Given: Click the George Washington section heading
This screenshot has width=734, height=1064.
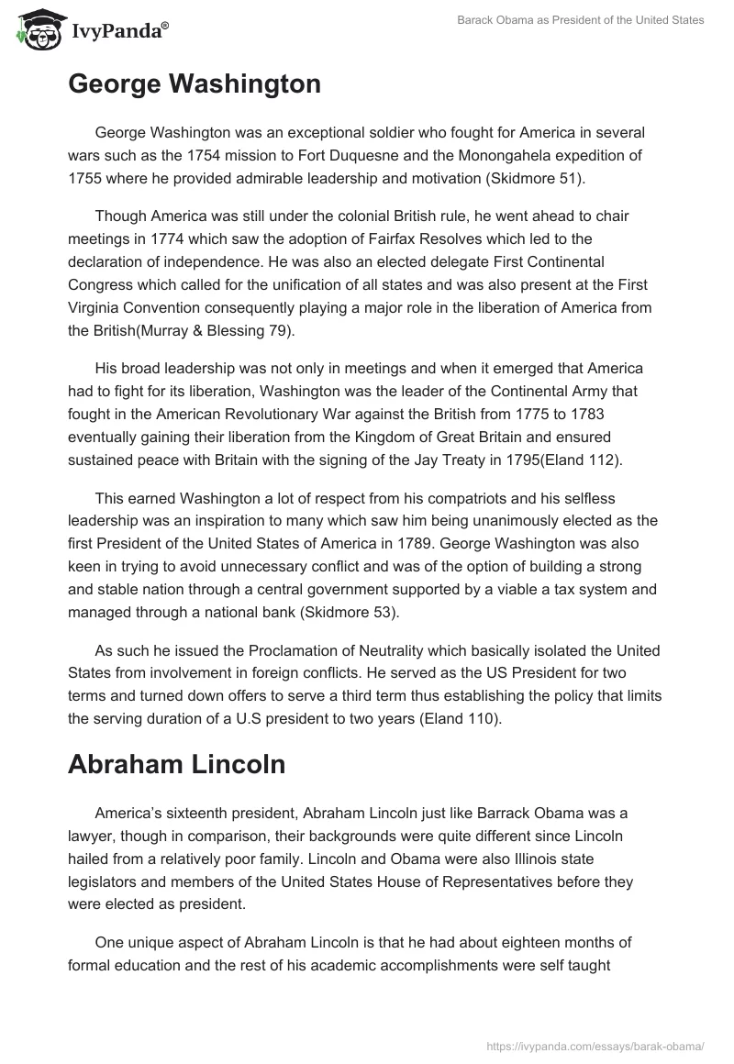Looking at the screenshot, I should tap(195, 84).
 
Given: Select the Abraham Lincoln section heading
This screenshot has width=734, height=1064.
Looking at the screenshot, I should tap(176, 765).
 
